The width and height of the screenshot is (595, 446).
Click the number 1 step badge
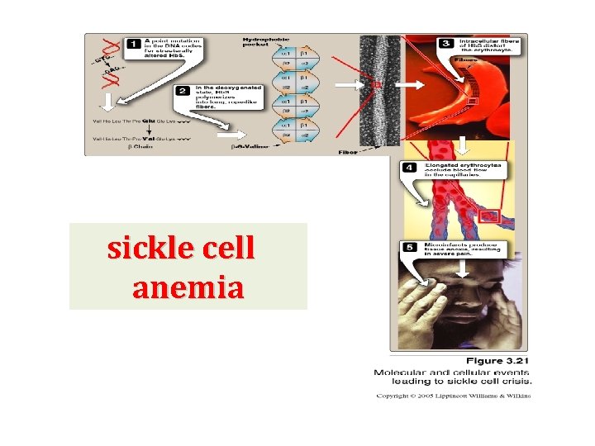click(133, 43)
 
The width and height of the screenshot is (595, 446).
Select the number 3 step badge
click(445, 43)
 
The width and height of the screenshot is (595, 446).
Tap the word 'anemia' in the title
click(188, 288)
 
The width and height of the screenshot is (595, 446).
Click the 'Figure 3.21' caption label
click(497, 360)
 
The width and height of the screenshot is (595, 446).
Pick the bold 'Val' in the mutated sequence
click(150, 138)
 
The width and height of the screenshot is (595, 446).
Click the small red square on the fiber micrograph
click(376, 84)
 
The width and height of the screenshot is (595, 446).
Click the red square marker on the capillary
click(488, 216)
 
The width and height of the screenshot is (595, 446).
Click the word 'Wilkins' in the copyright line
click(516, 396)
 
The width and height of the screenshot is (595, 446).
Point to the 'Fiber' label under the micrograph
click(349, 152)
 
